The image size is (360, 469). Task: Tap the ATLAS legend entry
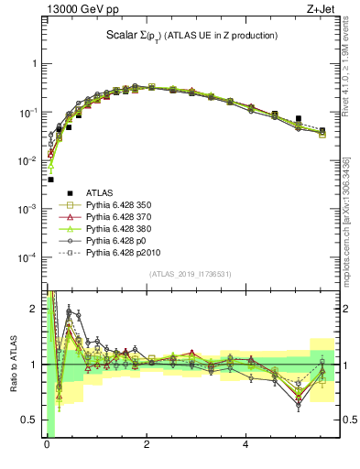(100, 192)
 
